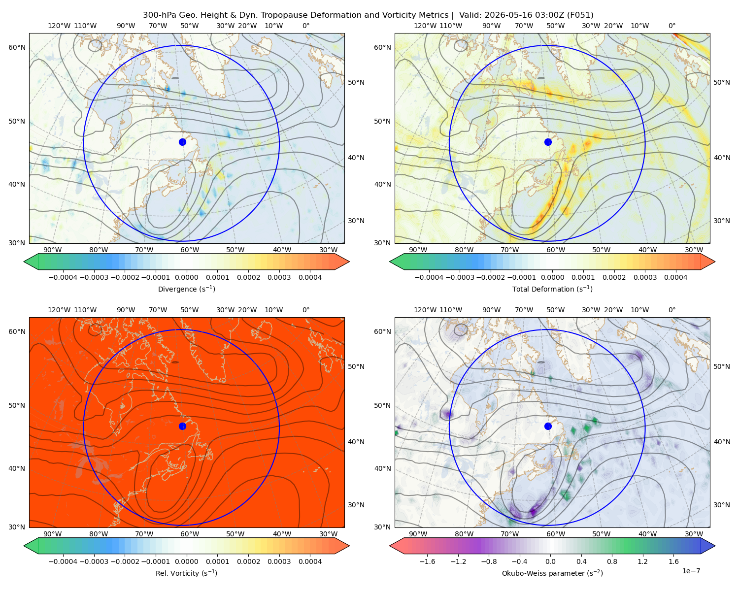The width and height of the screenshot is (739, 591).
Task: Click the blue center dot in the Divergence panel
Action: click(x=182, y=142)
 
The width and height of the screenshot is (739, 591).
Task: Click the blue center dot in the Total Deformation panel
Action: click(x=548, y=142)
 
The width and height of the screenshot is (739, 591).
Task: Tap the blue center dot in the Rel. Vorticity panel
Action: click(x=182, y=426)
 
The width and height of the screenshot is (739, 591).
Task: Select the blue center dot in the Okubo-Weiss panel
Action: click(x=548, y=426)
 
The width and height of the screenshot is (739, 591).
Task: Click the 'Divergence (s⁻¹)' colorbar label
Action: click(x=186, y=289)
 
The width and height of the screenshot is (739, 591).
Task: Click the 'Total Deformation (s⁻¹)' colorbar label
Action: click(x=552, y=289)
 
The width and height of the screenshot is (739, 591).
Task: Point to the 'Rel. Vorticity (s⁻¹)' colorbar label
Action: click(x=186, y=573)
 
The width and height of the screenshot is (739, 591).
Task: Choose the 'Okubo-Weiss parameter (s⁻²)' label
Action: click(x=552, y=573)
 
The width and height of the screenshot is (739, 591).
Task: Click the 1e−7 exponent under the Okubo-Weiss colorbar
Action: click(x=691, y=571)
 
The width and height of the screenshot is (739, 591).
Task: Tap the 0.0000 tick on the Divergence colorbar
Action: click(x=186, y=277)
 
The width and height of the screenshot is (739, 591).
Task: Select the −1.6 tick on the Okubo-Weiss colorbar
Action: click(x=427, y=561)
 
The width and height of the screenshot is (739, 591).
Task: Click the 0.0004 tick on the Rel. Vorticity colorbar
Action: click(x=310, y=561)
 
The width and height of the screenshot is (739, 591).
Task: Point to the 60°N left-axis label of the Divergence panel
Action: click(x=17, y=47)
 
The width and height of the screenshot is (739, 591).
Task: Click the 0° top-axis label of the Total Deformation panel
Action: click(x=672, y=26)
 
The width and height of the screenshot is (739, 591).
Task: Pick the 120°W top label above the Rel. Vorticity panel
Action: click(x=59, y=310)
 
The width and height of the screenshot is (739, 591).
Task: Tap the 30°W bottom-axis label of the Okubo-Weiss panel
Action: click(x=694, y=534)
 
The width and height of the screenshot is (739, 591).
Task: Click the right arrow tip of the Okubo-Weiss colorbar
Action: click(x=715, y=546)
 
